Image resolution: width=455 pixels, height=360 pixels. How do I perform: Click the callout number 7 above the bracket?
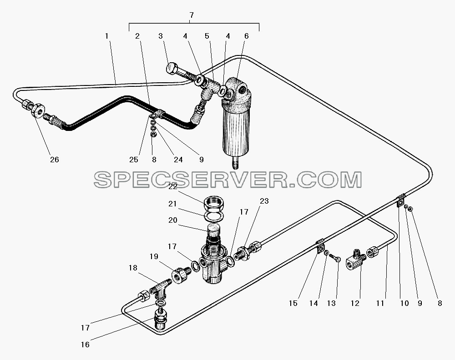(x=191, y=15)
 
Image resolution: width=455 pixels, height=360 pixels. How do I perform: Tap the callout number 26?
(x=55, y=160)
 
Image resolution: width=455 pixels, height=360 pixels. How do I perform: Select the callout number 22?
(x=172, y=187)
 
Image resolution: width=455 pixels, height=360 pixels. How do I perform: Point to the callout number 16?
(x=85, y=345)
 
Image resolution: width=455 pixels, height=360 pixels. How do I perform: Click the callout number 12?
(x=355, y=303)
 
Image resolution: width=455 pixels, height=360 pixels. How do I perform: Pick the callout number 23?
(x=264, y=201)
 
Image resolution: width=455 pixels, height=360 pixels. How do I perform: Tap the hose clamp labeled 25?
(x=157, y=114)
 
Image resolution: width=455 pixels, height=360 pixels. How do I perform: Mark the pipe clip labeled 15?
(x=320, y=246)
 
